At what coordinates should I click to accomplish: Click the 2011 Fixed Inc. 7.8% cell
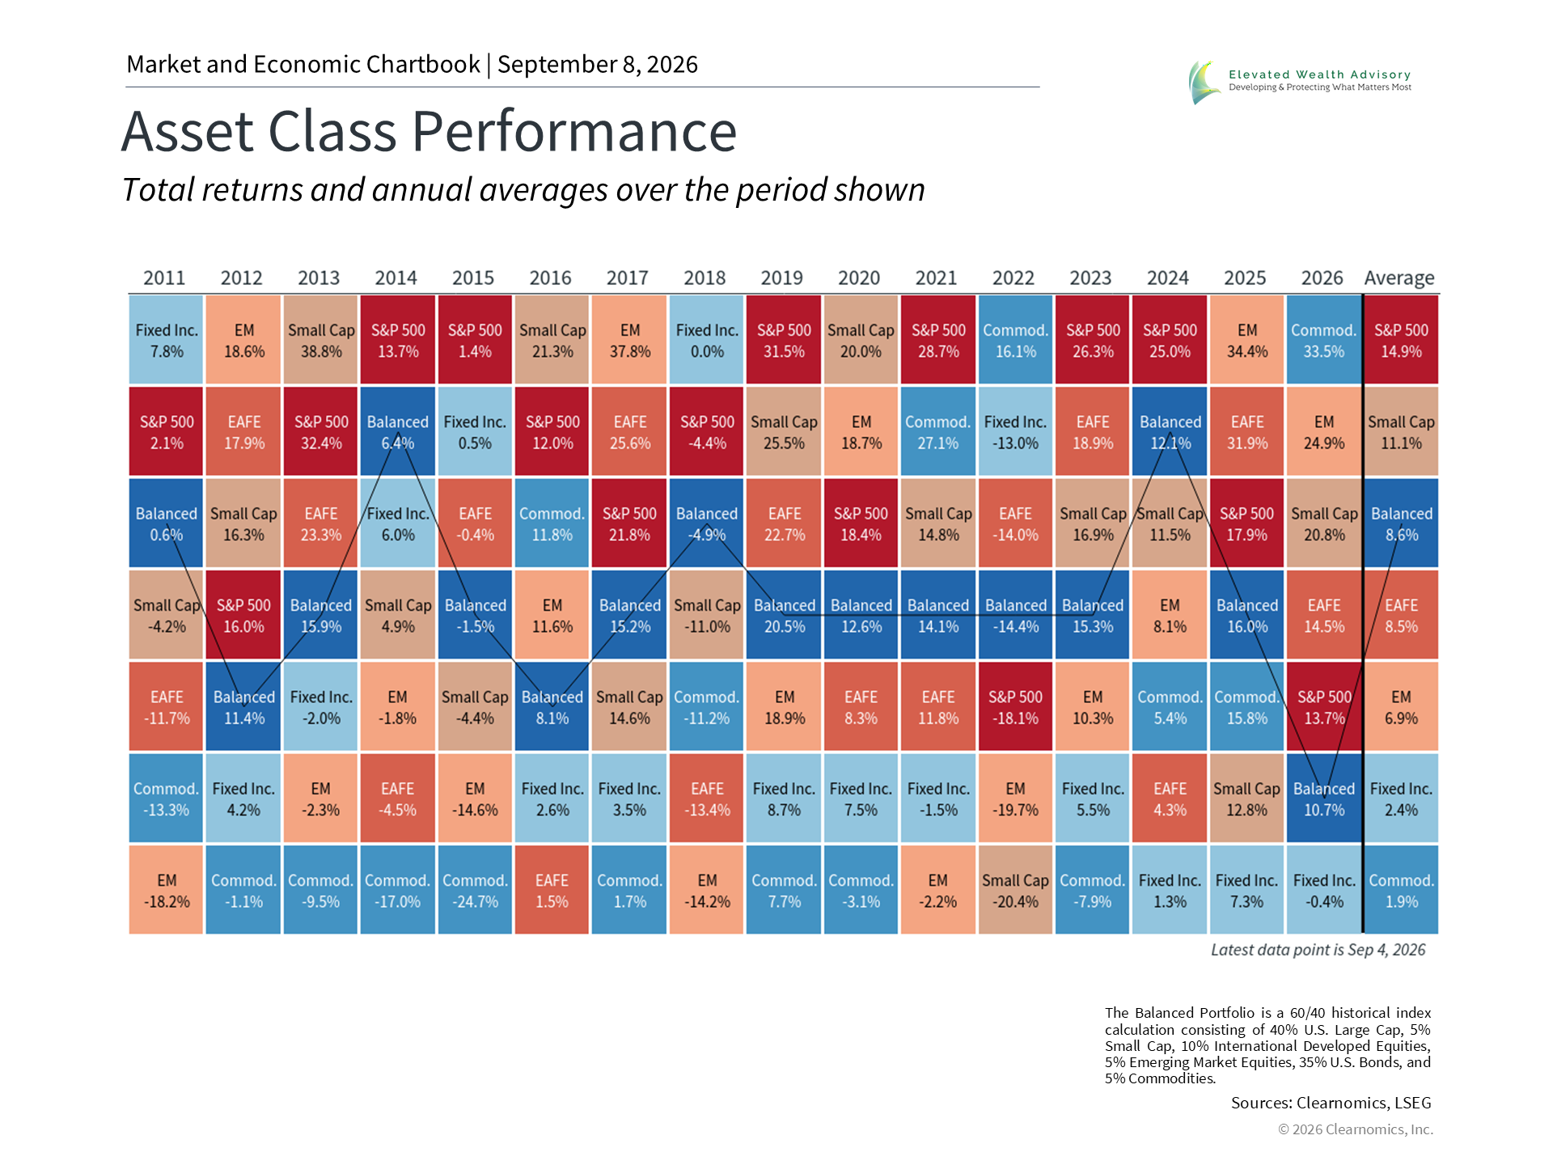click(x=166, y=340)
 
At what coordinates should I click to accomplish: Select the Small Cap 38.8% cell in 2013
click(x=320, y=340)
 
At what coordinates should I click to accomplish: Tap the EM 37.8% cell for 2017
click(x=629, y=340)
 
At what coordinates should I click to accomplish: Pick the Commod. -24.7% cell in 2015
click(x=475, y=890)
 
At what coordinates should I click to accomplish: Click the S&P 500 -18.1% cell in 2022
click(x=1015, y=706)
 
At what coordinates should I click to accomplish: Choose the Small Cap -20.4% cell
click(x=1015, y=890)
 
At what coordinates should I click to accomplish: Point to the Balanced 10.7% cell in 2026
click(x=1324, y=799)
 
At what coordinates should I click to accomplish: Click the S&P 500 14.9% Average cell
click(x=1402, y=340)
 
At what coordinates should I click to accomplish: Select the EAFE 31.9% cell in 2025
click(x=1246, y=431)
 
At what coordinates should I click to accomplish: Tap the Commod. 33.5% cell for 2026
click(x=1324, y=340)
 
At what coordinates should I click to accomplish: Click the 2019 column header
click(x=781, y=278)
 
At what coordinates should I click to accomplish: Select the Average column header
click(x=1399, y=279)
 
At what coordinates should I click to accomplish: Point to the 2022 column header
click(x=1013, y=278)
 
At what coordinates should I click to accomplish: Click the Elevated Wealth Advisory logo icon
click(x=1204, y=83)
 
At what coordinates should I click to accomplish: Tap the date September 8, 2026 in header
click(x=598, y=64)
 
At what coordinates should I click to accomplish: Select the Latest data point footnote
click(x=1318, y=950)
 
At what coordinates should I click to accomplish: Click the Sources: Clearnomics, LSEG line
click(x=1331, y=1103)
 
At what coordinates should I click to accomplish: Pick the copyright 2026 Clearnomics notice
click(x=1356, y=1129)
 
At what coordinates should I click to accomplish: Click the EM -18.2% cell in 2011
click(x=166, y=890)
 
